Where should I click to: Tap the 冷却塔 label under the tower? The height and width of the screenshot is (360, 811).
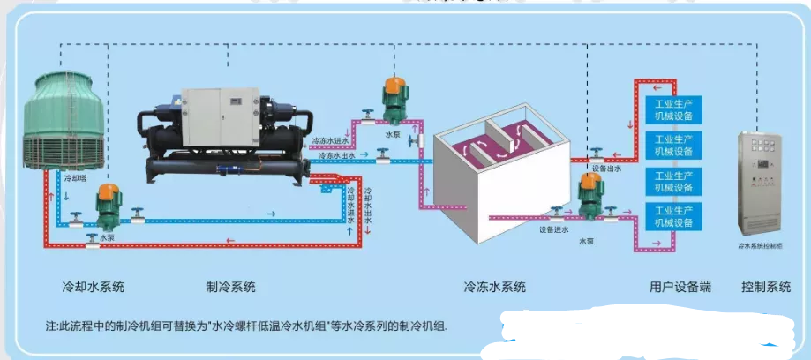(x=76, y=178)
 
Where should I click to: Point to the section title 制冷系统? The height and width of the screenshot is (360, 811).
(x=231, y=287)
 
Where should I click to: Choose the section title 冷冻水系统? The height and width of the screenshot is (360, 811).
(x=495, y=287)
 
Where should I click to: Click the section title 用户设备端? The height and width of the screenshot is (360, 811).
(x=680, y=287)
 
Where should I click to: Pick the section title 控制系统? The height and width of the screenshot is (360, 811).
(x=767, y=287)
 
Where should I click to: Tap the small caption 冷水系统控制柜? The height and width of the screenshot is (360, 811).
(x=761, y=248)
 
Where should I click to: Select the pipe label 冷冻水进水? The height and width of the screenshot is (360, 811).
(x=334, y=140)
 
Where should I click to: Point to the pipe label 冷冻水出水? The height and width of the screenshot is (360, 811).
(x=334, y=156)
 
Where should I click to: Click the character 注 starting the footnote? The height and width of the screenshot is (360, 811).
(x=50, y=326)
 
